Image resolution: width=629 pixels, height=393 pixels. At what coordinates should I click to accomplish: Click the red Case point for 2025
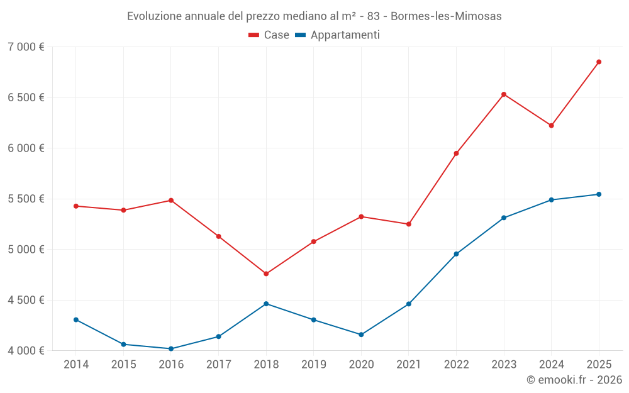pyautogui.click(x=599, y=62)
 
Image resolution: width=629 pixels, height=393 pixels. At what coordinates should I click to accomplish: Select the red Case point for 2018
pyautogui.click(x=266, y=274)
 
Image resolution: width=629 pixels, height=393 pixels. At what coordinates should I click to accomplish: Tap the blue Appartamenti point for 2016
pyautogui.click(x=171, y=348)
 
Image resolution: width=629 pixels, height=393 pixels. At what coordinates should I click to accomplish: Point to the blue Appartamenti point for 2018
pyautogui.click(x=266, y=304)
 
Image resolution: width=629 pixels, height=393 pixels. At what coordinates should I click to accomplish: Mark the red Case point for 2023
pyautogui.click(x=504, y=94)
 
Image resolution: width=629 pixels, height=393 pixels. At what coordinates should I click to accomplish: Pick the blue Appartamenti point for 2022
pyautogui.click(x=456, y=254)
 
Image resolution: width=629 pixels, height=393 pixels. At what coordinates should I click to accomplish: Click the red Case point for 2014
pyautogui.click(x=76, y=206)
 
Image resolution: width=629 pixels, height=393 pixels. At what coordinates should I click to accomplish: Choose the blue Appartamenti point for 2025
pyautogui.click(x=599, y=194)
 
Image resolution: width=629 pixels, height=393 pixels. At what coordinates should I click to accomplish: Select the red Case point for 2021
pyautogui.click(x=409, y=224)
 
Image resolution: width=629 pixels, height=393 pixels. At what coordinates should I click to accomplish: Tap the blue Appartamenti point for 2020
pyautogui.click(x=361, y=335)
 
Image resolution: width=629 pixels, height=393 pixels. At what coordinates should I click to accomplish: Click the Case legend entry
pyautogui.click(x=269, y=35)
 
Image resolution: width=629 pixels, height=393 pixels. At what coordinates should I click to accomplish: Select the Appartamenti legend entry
pyautogui.click(x=338, y=35)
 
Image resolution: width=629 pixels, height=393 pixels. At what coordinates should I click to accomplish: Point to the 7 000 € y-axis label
pyautogui.click(x=26, y=47)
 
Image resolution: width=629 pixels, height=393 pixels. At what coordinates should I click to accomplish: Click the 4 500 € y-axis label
pyautogui.click(x=26, y=300)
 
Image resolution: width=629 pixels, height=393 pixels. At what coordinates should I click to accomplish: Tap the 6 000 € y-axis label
pyautogui.click(x=26, y=148)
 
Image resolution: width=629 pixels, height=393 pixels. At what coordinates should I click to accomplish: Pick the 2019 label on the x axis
pyautogui.click(x=314, y=364)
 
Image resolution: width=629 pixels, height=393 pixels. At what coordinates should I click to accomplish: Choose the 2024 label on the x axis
pyautogui.click(x=551, y=364)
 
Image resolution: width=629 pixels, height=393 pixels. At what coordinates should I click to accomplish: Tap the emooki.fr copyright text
pyautogui.click(x=574, y=380)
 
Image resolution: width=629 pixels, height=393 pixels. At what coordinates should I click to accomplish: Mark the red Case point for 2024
pyautogui.click(x=551, y=126)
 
